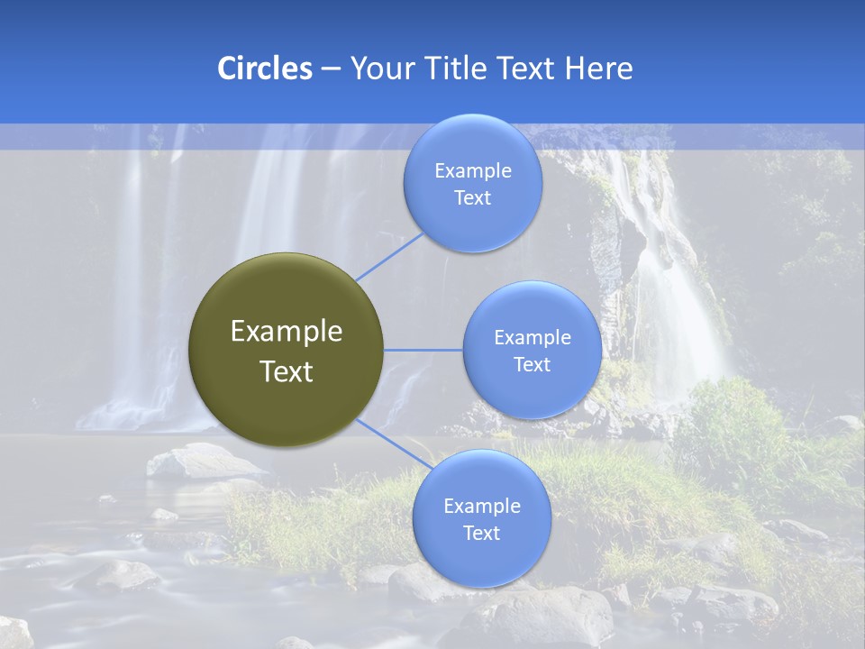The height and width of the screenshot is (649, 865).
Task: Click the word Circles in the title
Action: coord(264,69)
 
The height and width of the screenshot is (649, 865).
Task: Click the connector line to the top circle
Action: coord(390,257)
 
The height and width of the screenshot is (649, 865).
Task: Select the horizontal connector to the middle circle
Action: coord(423,350)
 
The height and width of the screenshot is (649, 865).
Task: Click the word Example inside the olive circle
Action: coord(287,332)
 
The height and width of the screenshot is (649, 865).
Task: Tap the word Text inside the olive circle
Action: coord(287,371)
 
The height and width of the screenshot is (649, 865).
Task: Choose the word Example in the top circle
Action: coord(473,171)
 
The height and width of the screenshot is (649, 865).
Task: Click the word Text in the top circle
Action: coord(472,198)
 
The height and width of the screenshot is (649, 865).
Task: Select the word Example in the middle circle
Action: coord(533,338)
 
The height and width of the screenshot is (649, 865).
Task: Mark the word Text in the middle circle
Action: coord(532,365)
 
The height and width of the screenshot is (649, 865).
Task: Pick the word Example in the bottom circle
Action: coord(482,507)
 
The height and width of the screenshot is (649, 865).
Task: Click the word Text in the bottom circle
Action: coord(481,534)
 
